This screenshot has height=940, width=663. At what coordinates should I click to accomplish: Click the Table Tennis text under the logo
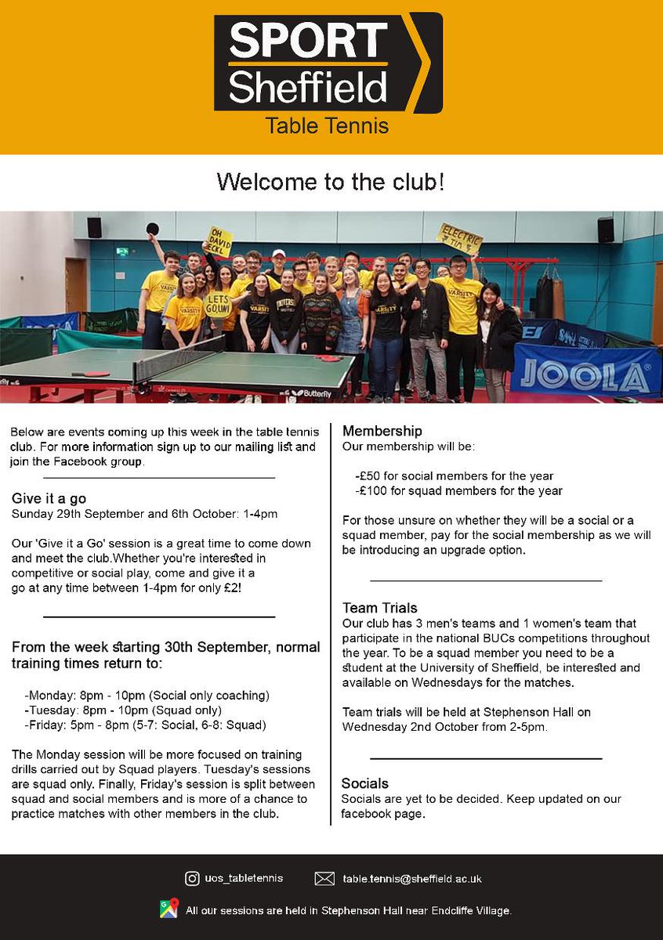327,125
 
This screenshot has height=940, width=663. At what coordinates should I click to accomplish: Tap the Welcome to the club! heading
331,183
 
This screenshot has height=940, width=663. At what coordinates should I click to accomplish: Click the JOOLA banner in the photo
585,374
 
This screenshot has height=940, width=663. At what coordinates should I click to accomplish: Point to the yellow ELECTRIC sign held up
459,238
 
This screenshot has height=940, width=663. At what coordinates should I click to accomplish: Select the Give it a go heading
49,498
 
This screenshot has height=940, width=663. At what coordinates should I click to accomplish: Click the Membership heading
382,431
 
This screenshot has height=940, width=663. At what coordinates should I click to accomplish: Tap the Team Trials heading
380,608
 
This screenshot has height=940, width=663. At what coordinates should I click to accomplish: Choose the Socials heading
365,783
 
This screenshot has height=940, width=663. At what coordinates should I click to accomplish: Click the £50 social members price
455,475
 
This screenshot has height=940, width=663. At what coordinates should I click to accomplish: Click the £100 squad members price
458,491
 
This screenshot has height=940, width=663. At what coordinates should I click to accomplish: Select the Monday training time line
147,695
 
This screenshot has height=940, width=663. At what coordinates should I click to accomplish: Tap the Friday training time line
146,725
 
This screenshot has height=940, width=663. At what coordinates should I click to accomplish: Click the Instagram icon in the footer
192,878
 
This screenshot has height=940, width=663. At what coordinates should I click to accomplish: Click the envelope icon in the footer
324,878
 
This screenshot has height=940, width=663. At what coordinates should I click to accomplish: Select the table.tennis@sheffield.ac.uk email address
411,879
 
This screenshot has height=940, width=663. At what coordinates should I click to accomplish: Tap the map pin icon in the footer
168,909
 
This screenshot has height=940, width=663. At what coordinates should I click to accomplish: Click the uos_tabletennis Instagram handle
245,879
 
